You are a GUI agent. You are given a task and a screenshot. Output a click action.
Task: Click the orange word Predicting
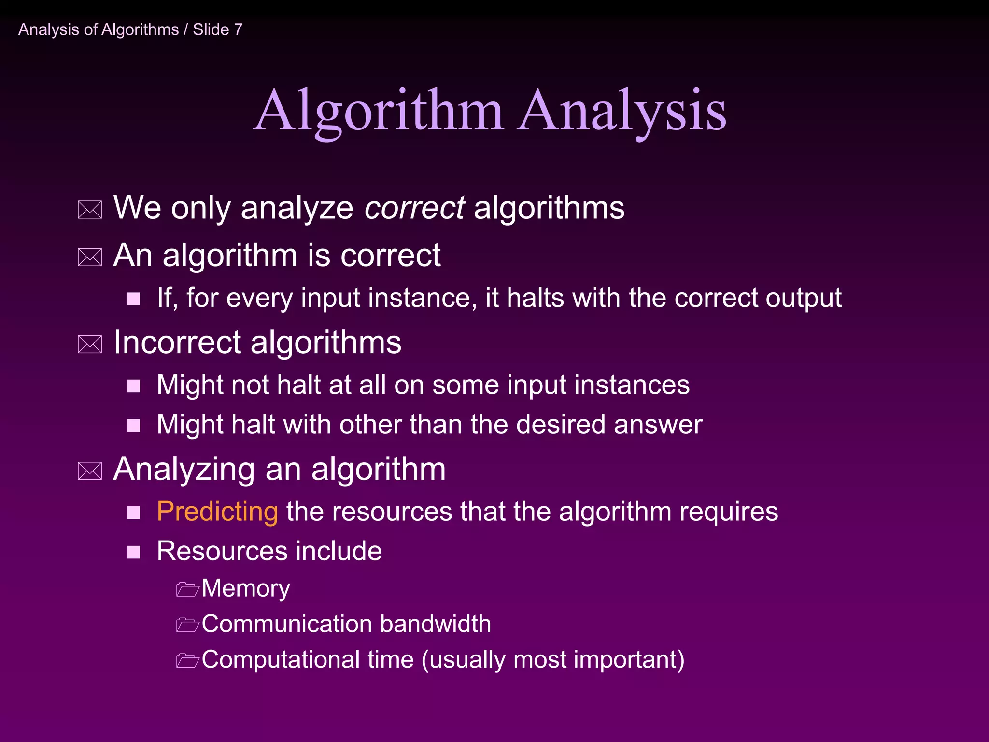tap(217, 512)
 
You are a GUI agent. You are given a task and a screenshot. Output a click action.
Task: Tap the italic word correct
tap(414, 208)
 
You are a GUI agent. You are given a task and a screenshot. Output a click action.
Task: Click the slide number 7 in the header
tap(238, 29)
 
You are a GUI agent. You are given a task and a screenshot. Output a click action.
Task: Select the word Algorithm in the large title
tap(379, 112)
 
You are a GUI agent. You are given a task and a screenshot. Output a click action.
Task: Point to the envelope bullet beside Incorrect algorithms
tap(90, 344)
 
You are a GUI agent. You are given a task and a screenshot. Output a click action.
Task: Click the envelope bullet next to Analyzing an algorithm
tap(90, 471)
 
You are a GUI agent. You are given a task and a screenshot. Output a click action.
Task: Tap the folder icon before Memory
tap(187, 589)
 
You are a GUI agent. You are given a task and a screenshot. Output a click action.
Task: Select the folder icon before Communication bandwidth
tap(187, 625)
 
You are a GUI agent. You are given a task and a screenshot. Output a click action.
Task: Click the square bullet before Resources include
tap(133, 552)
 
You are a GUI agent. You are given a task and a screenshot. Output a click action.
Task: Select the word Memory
tap(246, 588)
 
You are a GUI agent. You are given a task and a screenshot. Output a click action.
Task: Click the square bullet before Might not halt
tap(133, 386)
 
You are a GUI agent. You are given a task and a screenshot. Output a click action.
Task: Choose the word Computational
tap(281, 660)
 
